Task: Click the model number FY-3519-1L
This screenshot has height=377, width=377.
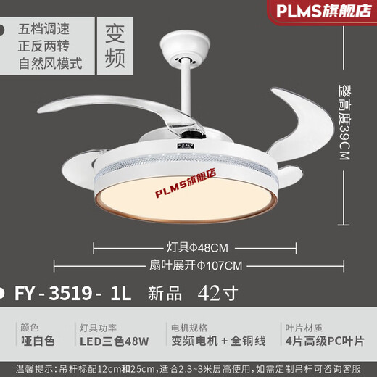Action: click(x=72, y=295)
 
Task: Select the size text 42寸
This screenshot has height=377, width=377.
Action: click(x=213, y=294)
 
